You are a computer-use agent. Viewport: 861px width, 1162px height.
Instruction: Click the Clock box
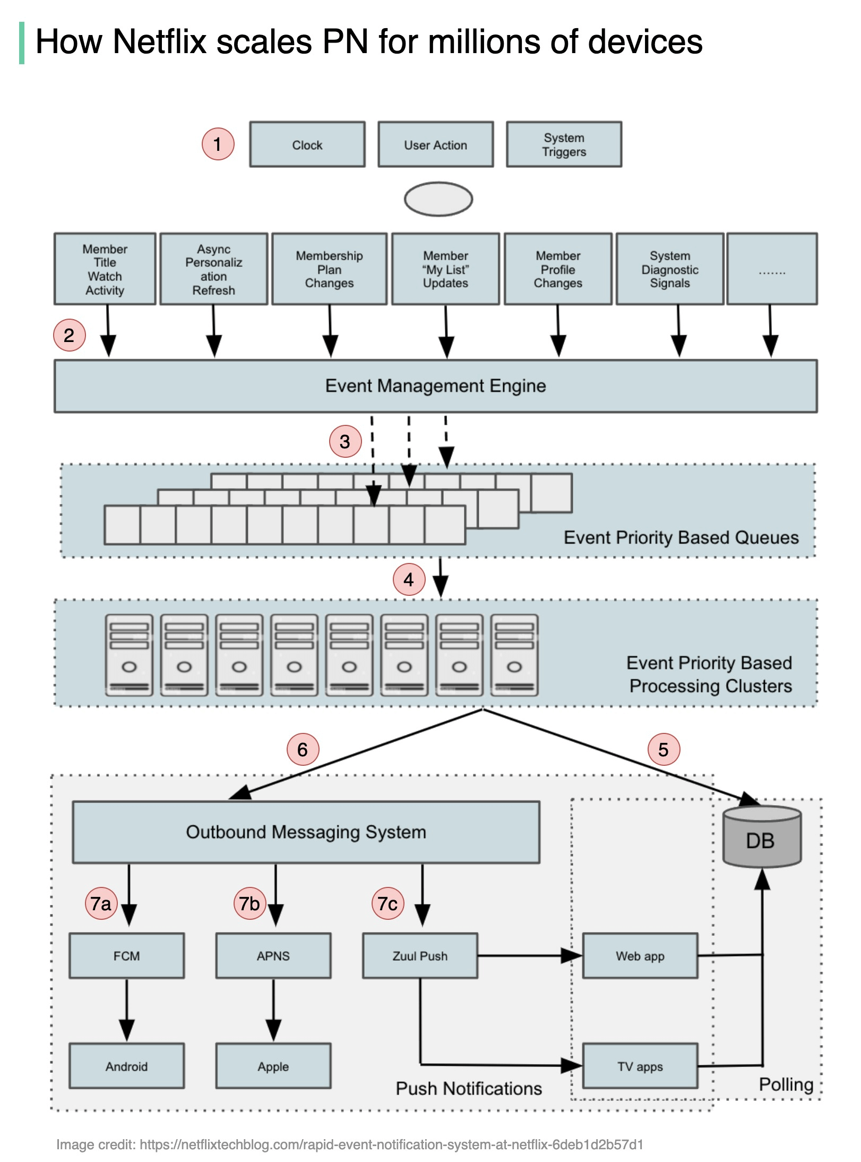(x=307, y=144)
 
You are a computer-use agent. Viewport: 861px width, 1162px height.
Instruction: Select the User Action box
(x=435, y=144)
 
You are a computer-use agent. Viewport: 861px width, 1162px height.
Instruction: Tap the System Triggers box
(x=564, y=144)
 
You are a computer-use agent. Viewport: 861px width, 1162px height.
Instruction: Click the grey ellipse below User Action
(x=438, y=199)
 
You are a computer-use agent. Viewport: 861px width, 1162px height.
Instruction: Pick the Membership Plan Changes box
(x=329, y=269)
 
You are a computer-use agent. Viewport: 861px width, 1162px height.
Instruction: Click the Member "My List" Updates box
(x=445, y=269)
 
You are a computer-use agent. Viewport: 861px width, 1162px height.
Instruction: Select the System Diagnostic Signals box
(x=669, y=269)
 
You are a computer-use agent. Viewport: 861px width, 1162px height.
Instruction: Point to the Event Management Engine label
(x=435, y=386)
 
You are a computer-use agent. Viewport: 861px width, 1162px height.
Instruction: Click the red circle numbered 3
(x=345, y=441)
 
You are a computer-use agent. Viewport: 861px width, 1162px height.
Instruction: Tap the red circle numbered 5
(x=664, y=749)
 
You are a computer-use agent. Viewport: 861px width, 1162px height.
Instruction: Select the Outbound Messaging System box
(x=306, y=832)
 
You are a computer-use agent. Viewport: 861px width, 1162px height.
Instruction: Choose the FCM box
(x=126, y=956)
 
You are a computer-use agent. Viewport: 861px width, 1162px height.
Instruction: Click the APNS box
(x=273, y=956)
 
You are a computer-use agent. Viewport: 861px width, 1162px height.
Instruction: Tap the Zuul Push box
(x=420, y=956)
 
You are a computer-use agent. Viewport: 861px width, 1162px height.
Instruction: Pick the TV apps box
(x=640, y=1066)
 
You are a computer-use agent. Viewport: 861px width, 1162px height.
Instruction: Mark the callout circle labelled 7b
(x=249, y=903)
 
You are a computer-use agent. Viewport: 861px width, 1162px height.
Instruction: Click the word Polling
(x=786, y=1084)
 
